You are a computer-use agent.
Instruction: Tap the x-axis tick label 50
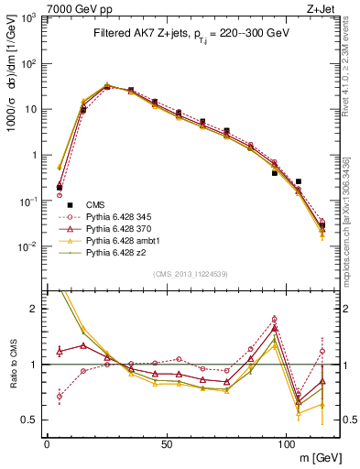(166, 443)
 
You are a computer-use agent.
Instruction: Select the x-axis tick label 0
(47, 443)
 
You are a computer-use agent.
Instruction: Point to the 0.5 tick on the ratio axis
(32, 420)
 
